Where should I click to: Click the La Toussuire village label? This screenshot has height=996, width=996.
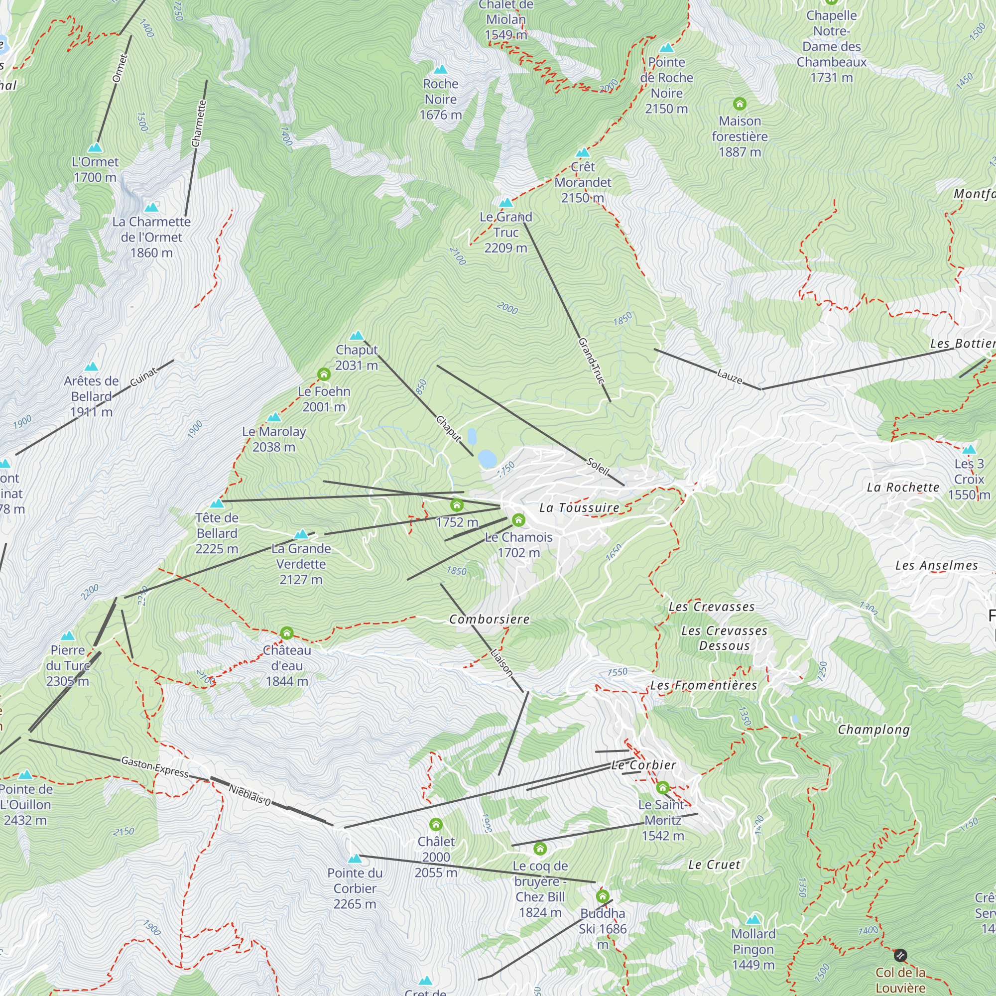579,508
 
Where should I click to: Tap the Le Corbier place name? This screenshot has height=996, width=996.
643,765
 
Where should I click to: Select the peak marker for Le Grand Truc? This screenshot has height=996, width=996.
506,203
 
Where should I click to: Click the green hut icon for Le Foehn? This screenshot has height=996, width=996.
323,374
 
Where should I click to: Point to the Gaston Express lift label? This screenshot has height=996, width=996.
155,766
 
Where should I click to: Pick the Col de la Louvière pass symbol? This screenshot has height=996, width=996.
900,955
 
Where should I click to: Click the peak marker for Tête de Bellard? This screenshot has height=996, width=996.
217,503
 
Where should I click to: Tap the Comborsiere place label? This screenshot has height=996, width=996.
489,619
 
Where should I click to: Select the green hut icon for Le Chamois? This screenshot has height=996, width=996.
518,520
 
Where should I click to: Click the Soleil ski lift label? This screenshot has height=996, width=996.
598,466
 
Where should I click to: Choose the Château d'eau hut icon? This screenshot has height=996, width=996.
287,632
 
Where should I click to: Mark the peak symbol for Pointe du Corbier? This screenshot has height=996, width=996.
354,859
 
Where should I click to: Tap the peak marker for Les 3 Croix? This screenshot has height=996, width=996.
969,449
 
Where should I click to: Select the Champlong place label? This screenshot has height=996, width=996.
873,730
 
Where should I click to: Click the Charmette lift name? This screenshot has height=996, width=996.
199,124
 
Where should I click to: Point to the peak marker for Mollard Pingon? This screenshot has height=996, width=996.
753,919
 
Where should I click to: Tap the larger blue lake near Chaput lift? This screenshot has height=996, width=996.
487,458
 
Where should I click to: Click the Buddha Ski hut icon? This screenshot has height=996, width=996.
602,896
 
